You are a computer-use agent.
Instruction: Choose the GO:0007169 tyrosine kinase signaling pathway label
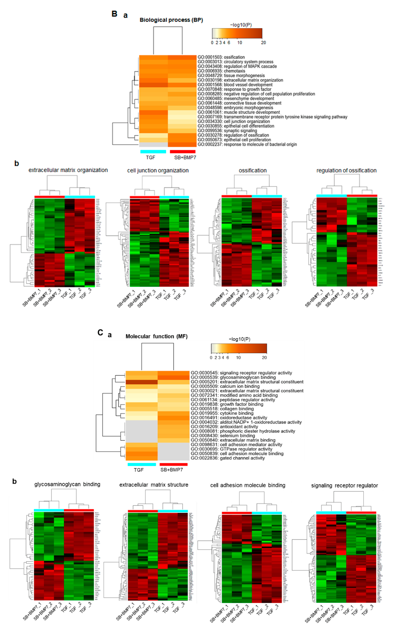point(272,117)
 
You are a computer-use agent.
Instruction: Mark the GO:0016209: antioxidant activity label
point(224,427)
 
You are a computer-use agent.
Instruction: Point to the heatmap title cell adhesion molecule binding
point(248,485)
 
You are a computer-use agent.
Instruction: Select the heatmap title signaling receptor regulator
point(344,485)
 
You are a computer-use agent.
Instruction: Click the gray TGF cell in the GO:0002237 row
point(153,145)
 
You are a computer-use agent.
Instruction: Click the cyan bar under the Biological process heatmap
point(153,152)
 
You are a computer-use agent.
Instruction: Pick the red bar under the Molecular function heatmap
point(174,464)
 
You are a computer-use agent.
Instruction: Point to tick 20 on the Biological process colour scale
point(263,43)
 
